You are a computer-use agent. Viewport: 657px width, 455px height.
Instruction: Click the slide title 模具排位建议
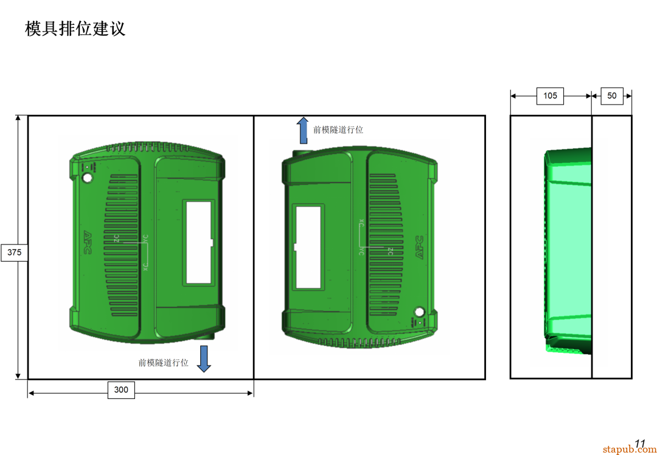(75, 29)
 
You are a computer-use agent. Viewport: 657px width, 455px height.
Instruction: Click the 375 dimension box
(15, 252)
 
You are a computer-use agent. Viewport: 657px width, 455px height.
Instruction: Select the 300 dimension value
(121, 390)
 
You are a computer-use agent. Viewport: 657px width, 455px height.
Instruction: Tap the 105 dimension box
(550, 96)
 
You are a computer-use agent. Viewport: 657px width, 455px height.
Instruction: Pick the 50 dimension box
(612, 96)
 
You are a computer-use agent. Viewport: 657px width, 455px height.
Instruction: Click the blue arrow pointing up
(302, 130)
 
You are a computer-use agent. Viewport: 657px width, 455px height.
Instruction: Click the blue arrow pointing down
(204, 358)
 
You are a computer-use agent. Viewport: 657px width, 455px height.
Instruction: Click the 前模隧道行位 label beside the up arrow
(338, 130)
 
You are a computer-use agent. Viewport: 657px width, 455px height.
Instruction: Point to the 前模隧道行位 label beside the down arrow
(163, 363)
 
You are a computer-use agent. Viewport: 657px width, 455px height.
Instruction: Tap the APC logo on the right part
(419, 248)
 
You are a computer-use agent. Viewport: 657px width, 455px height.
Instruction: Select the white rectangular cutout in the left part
(198, 243)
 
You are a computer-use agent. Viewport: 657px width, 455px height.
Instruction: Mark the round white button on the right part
(419, 312)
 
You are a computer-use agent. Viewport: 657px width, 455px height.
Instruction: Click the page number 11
(640, 443)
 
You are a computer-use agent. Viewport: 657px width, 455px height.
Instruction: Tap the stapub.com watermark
(629, 450)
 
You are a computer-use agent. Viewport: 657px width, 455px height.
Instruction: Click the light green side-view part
(569, 249)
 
